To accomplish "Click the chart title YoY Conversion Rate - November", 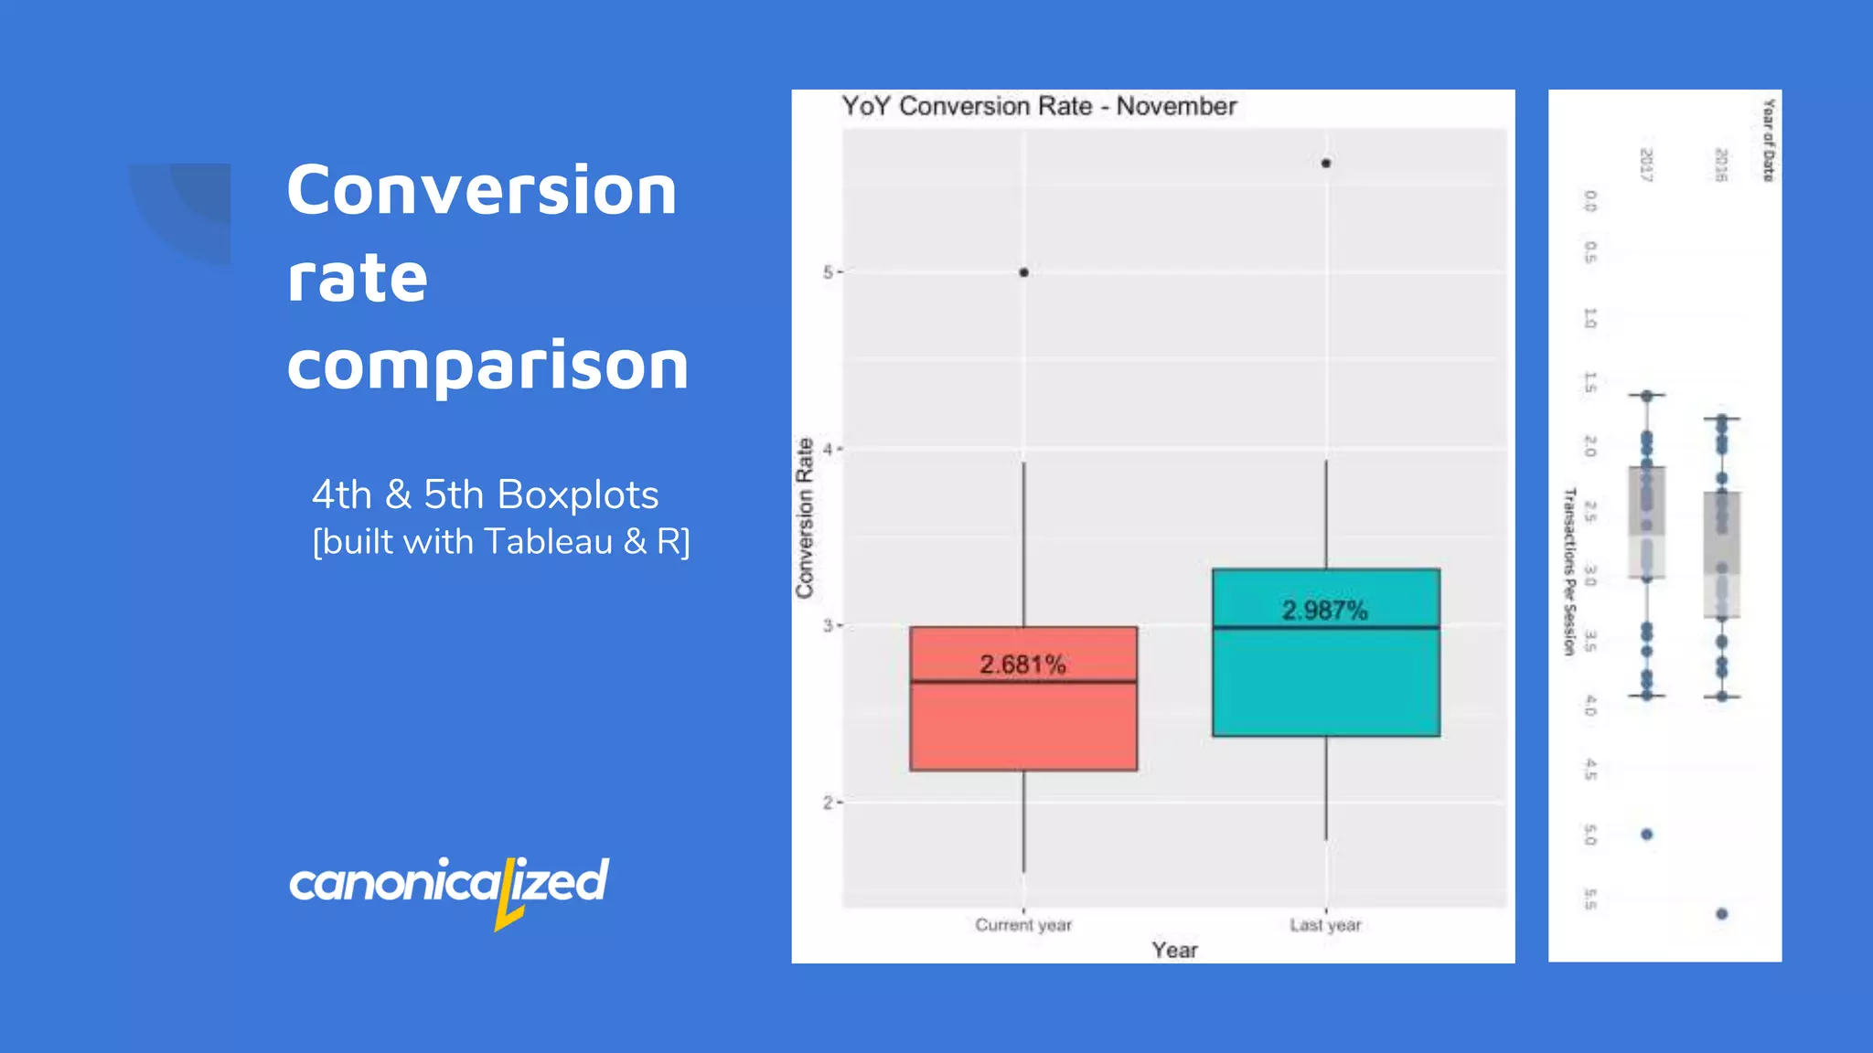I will [x=1038, y=106].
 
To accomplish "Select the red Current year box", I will [x=1023, y=727].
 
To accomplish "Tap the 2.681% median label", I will [x=1022, y=665].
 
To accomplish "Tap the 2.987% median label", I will [x=1324, y=611].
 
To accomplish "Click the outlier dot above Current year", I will [x=1023, y=272].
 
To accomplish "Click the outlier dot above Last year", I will [x=1326, y=164].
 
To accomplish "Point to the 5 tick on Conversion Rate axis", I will [x=828, y=272].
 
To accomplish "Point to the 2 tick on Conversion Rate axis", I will [x=828, y=803].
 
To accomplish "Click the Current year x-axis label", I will [x=1022, y=925].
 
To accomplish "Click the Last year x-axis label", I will [x=1325, y=925].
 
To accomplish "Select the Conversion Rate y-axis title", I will [x=805, y=518].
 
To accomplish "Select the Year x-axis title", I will [x=1174, y=950].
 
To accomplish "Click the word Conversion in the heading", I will [x=481, y=190].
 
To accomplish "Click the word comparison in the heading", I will [x=487, y=366].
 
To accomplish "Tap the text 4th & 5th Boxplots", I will [x=485, y=495].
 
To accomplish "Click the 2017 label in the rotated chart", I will [x=1646, y=165].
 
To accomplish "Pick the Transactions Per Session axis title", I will [x=1569, y=571].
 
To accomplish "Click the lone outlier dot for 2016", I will [x=1721, y=913].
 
